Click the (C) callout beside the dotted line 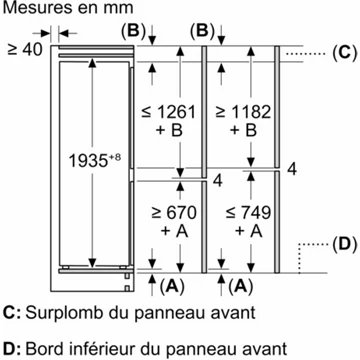click(343, 52)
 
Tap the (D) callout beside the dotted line click(343, 243)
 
